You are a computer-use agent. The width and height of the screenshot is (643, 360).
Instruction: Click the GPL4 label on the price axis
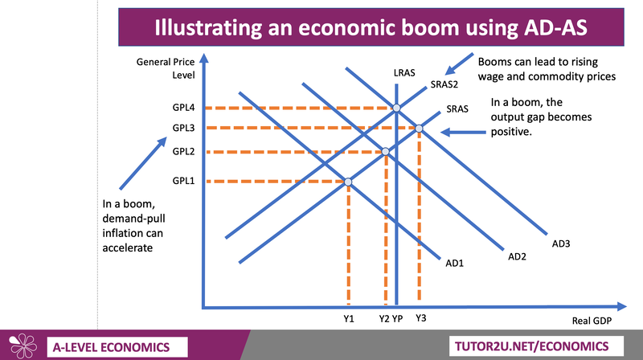coord(183,108)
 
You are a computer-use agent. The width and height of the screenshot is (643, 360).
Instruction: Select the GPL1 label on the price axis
coord(183,181)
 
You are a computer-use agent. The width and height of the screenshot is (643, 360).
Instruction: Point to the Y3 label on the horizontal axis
coord(420,318)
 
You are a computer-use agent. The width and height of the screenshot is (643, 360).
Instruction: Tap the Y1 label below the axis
coord(349,318)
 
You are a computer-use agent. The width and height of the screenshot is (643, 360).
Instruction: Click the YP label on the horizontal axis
coord(397,318)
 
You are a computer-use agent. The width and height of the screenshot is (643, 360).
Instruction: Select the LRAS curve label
coord(404,73)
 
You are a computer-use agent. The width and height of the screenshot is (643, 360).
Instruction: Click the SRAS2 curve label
coord(444,84)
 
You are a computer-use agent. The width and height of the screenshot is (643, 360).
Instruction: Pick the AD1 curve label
coord(455,264)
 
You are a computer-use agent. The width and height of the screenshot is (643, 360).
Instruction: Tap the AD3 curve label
coord(561,243)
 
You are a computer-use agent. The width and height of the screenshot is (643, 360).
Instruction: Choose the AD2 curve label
coord(517,256)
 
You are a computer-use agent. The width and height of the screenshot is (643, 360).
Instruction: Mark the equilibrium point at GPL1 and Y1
coord(348,182)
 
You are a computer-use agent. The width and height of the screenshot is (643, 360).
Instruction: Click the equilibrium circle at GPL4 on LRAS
coord(396,108)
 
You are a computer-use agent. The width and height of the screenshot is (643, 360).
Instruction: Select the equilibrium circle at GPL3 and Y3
coord(419,129)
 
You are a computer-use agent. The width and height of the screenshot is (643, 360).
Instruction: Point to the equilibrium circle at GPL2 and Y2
coord(386,152)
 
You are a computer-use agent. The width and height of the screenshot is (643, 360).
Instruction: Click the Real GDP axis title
coord(592,321)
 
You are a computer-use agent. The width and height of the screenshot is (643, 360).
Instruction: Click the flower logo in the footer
coord(23,346)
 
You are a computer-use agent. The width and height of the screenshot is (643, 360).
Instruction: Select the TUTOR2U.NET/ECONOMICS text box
coord(536,346)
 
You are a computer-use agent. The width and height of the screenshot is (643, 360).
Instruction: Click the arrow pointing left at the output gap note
coord(464,132)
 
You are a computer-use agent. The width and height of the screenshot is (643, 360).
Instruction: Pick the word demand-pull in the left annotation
coord(133,219)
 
